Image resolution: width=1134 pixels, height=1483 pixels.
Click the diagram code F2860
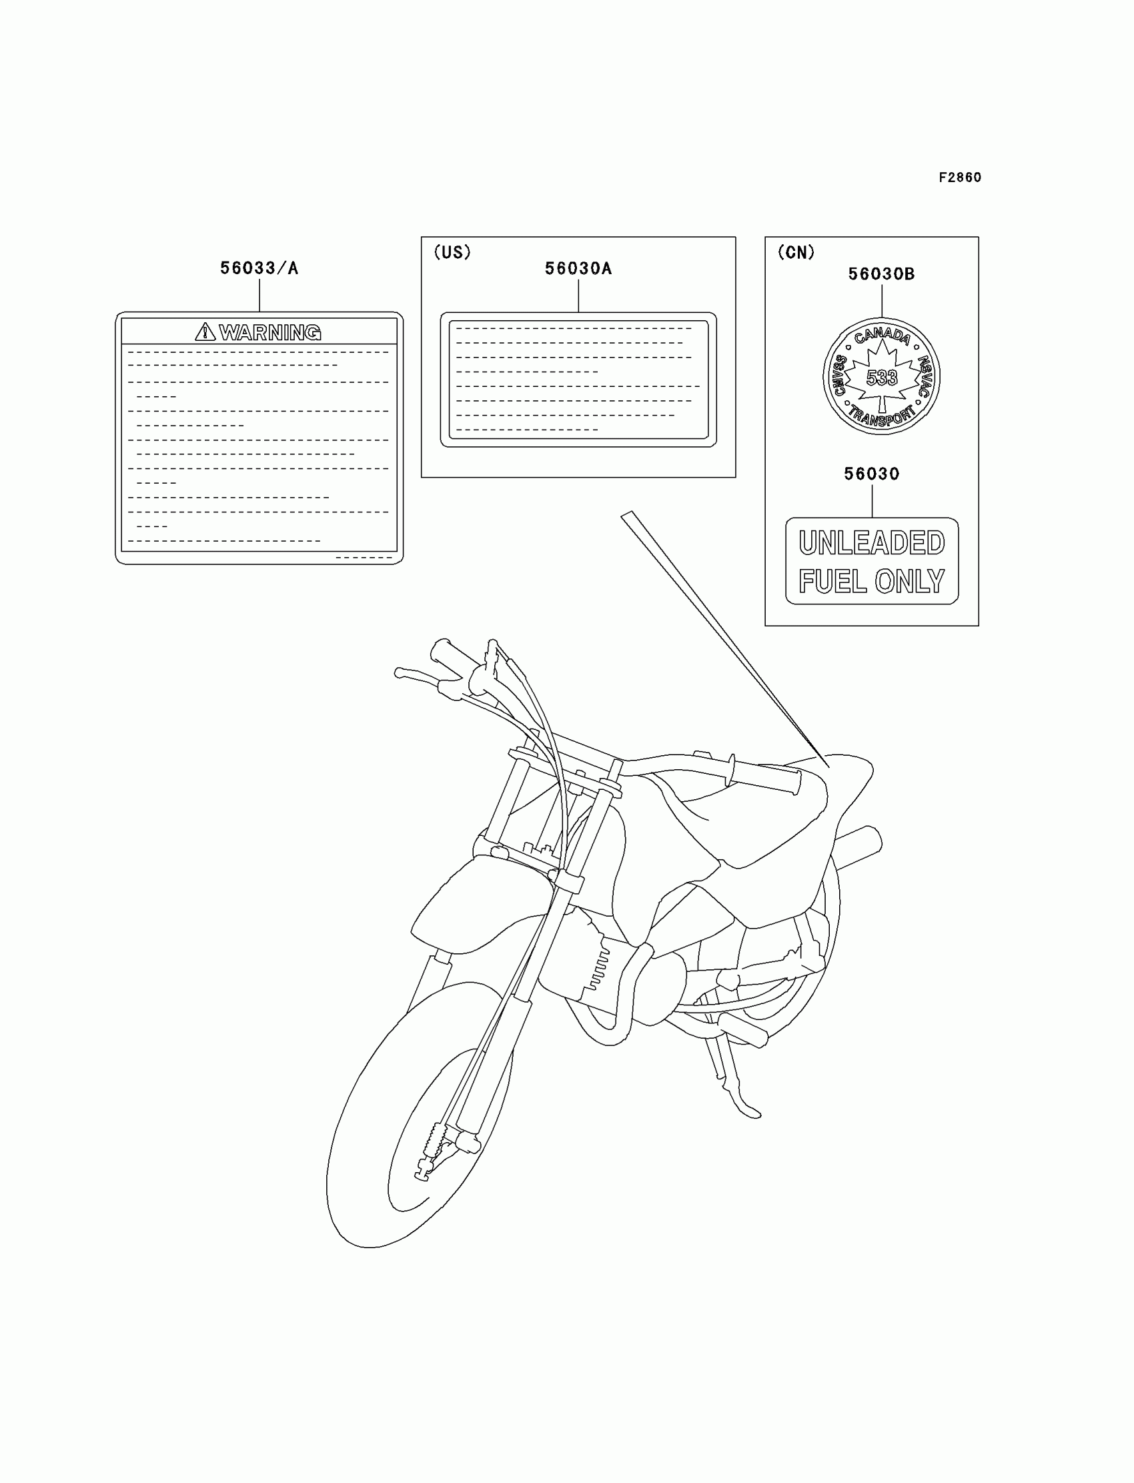coord(959,177)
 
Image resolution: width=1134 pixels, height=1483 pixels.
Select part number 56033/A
coord(259,269)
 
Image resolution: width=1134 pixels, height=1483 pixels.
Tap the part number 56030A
coord(578,269)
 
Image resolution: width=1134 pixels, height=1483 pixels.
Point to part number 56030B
coord(881,274)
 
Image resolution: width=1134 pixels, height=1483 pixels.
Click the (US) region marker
coord(452,252)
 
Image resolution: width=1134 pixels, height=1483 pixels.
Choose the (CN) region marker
coord(796,252)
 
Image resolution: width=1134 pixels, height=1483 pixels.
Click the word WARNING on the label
coord(270,332)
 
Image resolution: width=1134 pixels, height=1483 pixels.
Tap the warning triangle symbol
coord(205,332)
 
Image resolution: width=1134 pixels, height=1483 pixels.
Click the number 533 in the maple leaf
coord(882,378)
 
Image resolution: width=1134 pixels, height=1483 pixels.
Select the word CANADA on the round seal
coord(882,336)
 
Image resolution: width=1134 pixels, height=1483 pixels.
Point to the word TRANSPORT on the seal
coord(882,416)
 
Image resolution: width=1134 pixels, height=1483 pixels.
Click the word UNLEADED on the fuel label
coord(871,543)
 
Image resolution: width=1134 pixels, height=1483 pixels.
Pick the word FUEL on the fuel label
coord(832,581)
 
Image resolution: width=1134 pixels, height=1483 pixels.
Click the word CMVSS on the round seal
coord(840,376)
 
